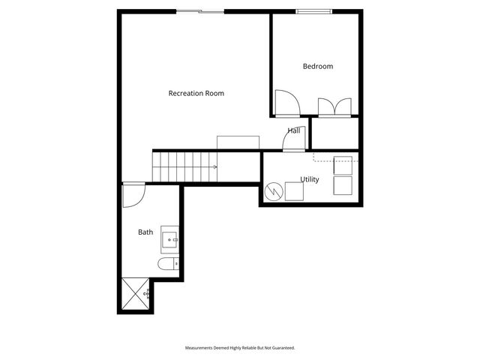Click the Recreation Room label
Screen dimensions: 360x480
coord(196,94)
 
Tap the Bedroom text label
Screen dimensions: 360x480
coord(317,67)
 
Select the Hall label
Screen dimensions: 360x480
coord(294,130)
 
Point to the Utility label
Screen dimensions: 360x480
coord(310,179)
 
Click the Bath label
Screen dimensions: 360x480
coord(145,232)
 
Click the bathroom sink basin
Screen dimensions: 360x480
coord(170,239)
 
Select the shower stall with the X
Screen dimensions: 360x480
coord(134,295)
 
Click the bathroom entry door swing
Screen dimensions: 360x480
coord(133,196)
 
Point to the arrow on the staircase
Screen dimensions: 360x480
coord(214,167)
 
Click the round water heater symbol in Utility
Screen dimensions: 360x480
coord(274,192)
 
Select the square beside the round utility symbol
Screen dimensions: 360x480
coord(294,192)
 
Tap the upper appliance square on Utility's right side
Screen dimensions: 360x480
coord(343,165)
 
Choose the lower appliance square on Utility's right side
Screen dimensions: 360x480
coord(343,185)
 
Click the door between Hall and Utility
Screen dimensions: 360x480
coord(293,142)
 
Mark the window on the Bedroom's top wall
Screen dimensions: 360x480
coord(314,11)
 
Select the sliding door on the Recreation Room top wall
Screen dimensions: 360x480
coord(199,11)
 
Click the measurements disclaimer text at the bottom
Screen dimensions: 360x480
coord(240,348)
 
